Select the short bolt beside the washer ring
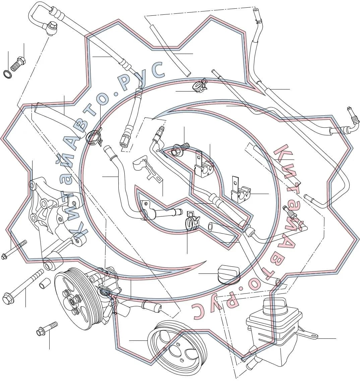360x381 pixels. (18, 63)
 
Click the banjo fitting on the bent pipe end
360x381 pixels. (51, 28)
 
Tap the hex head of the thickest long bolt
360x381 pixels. (8, 299)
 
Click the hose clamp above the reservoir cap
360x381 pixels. (193, 220)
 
